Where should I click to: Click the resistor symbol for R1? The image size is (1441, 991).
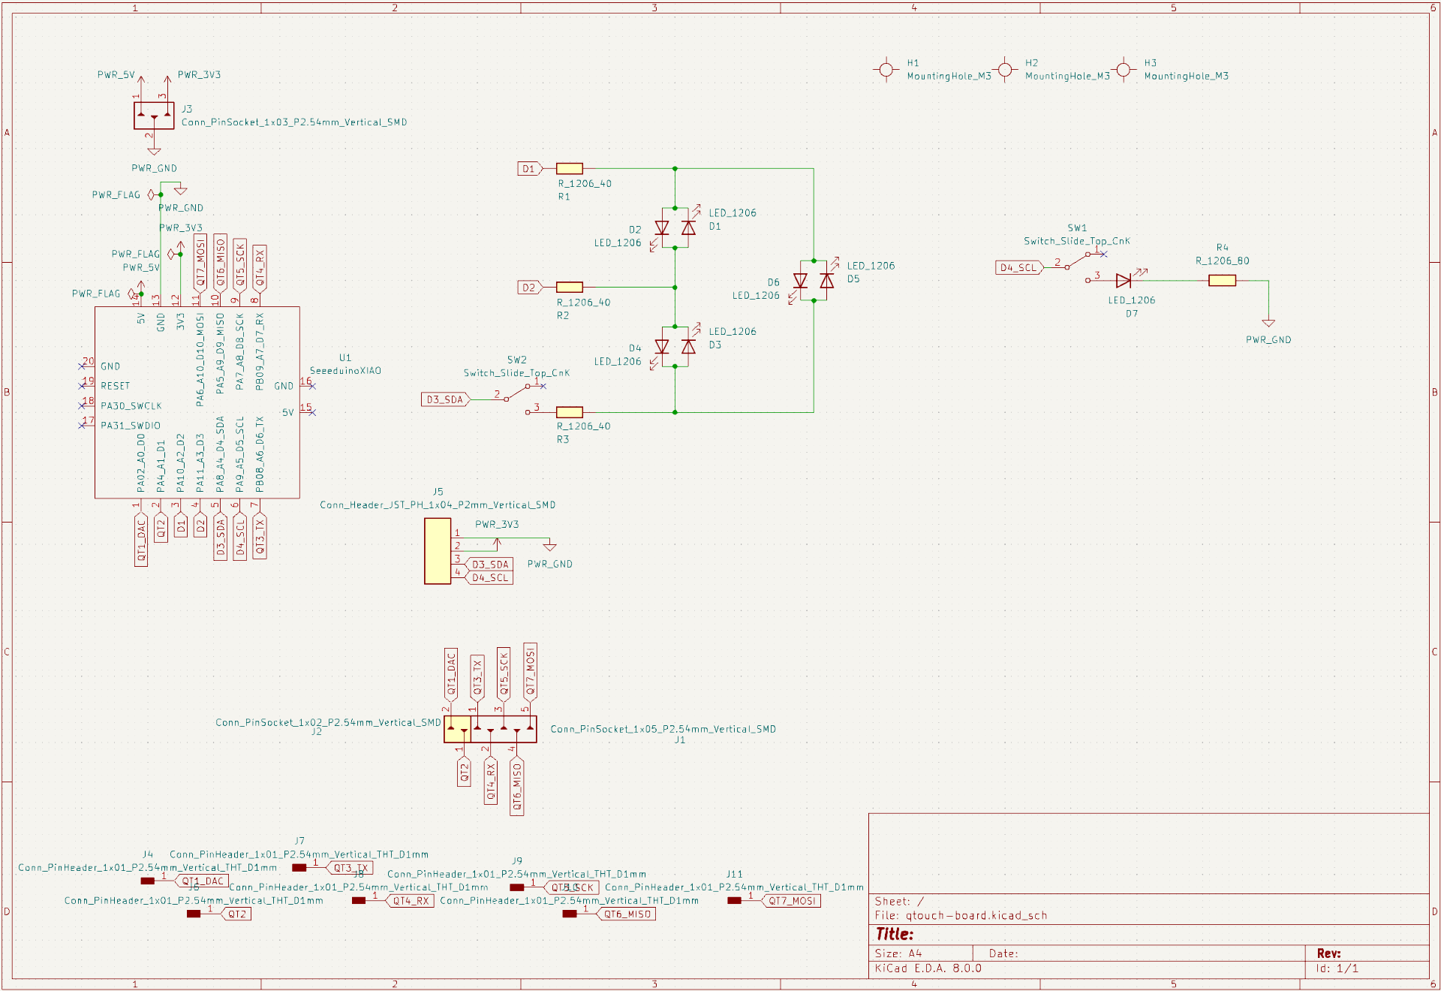570,169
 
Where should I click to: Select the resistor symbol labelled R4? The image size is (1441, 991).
1222,281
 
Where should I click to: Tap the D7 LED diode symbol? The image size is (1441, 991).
1124,281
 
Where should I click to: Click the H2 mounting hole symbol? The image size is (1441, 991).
1005,70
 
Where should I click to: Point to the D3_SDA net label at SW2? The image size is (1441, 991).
445,399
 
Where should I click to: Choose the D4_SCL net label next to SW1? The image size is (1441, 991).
1018,268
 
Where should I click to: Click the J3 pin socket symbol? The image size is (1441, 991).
154,116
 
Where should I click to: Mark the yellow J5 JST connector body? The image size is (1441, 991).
438,551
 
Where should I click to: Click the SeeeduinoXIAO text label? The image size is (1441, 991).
345,371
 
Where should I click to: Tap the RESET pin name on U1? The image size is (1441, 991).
116,386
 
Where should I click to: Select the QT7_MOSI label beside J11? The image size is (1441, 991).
792,901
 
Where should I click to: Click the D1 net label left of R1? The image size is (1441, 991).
529,169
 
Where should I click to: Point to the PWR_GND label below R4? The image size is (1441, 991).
1268,340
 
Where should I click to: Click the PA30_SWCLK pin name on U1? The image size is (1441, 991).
131,406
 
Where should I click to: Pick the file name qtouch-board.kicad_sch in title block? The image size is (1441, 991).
976,915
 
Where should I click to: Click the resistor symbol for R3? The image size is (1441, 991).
570,412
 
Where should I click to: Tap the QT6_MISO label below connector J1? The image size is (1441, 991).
517,787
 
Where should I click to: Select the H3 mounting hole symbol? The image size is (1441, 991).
1124,70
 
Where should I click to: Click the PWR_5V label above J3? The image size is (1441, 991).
116,75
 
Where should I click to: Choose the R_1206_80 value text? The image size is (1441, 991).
1222,261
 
